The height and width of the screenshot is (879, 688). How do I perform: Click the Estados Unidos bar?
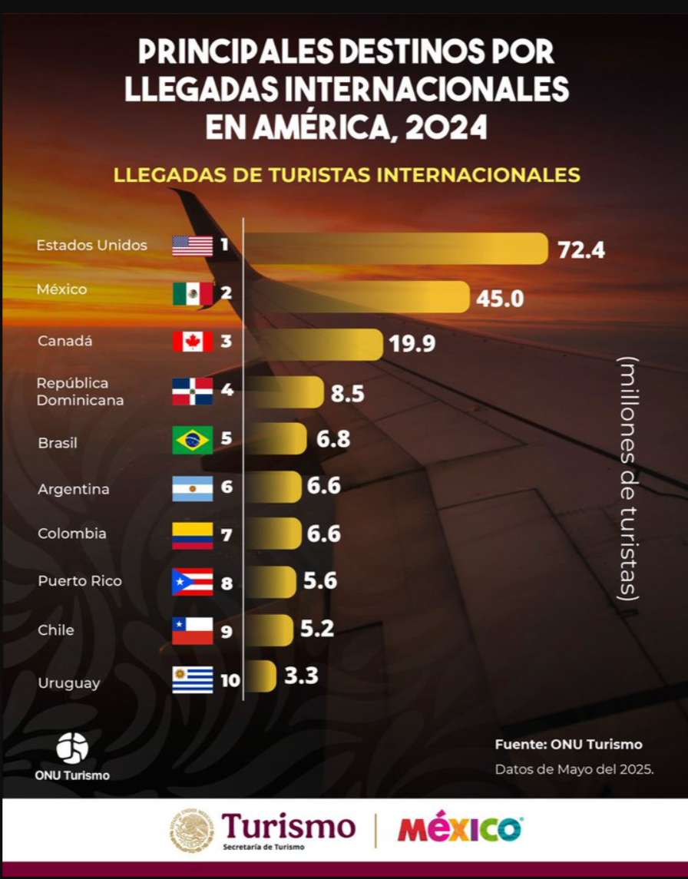point(395,249)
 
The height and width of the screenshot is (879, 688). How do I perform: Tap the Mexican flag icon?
point(192,293)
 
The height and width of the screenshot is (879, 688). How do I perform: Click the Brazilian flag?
point(192,441)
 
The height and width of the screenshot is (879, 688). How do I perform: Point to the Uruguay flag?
point(192,680)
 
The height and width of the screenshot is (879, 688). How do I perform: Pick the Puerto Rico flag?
point(192,582)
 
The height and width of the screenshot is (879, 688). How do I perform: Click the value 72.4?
point(581,250)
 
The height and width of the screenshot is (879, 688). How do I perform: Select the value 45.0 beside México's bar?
point(500,299)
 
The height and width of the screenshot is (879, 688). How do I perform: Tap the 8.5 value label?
point(347,395)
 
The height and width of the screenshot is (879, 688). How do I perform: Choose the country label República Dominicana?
point(80,392)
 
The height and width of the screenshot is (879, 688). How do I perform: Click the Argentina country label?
point(74,489)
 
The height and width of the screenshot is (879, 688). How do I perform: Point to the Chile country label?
point(56,630)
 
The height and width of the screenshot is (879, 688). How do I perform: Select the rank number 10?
point(230,680)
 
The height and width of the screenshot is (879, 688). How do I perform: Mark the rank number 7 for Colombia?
point(227,535)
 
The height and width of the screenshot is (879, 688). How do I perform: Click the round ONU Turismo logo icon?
point(72,748)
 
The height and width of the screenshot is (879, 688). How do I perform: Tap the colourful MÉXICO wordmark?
point(460,830)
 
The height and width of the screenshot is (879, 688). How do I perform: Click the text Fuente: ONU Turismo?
point(568,744)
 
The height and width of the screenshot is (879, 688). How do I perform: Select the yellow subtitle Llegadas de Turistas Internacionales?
point(346,175)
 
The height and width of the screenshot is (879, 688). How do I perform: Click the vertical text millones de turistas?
point(628,478)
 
